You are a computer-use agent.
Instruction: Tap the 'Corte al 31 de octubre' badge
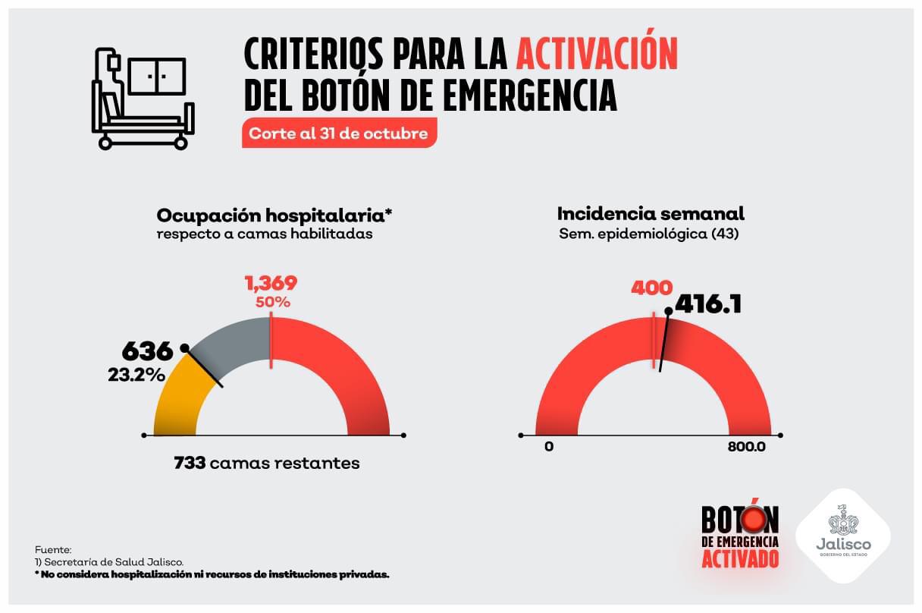tap(340, 134)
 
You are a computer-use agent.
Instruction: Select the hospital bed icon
tap(143, 98)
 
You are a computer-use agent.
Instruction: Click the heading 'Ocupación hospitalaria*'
tap(274, 215)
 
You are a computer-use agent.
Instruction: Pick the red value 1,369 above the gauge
tap(271, 283)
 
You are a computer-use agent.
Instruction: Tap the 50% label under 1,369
tap(271, 301)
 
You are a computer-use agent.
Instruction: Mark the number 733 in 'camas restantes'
tap(190, 463)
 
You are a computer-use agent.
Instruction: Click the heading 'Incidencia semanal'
tap(651, 213)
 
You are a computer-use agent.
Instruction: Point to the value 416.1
tap(707, 304)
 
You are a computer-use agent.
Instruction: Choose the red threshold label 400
tap(651, 288)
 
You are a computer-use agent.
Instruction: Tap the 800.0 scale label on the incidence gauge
tap(746, 446)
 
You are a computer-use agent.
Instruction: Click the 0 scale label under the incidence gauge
tap(548, 446)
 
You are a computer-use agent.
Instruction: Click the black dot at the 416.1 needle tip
tap(668, 310)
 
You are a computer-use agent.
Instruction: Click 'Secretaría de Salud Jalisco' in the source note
tap(114, 562)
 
